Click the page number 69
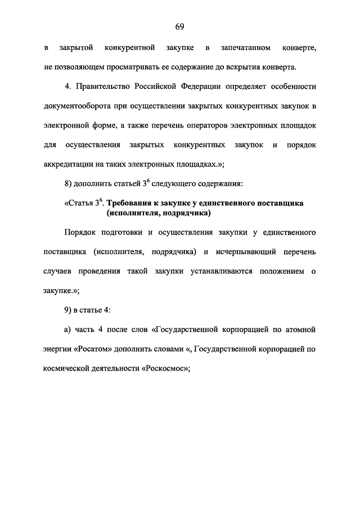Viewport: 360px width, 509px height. click(x=180, y=26)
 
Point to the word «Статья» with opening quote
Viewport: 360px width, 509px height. click(x=78, y=203)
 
